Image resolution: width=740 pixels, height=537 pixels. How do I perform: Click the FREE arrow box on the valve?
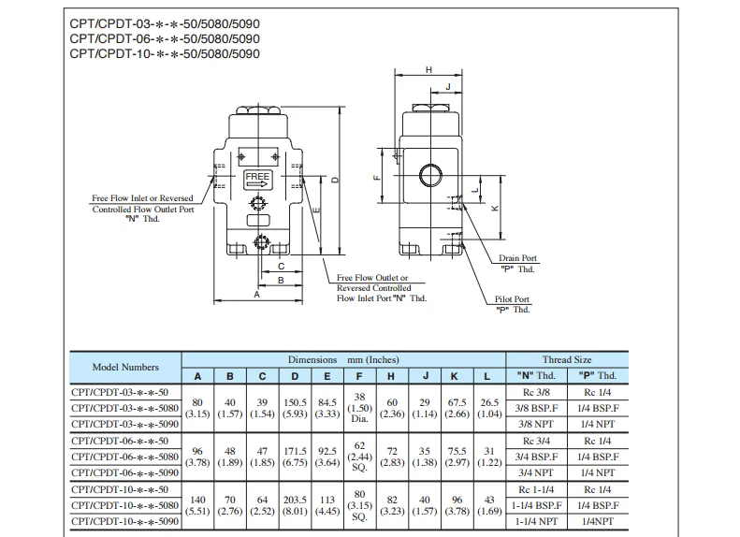(x=257, y=180)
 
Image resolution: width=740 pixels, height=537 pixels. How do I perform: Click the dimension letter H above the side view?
(x=428, y=70)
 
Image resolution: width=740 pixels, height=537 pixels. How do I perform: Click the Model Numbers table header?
(x=125, y=367)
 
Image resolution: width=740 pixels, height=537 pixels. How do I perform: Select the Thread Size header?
(x=566, y=359)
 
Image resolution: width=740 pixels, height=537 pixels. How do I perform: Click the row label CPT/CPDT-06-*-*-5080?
(x=125, y=456)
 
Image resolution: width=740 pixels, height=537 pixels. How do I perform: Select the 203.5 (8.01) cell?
(x=296, y=504)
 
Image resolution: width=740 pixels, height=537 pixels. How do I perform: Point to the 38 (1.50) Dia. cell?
(x=359, y=408)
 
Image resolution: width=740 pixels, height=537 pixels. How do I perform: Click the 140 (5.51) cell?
(x=197, y=504)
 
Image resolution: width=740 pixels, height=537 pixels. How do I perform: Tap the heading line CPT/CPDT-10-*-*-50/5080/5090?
(x=165, y=53)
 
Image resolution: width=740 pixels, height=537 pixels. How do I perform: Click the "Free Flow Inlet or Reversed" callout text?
(x=142, y=198)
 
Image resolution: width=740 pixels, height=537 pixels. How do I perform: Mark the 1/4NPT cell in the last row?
(x=596, y=520)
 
